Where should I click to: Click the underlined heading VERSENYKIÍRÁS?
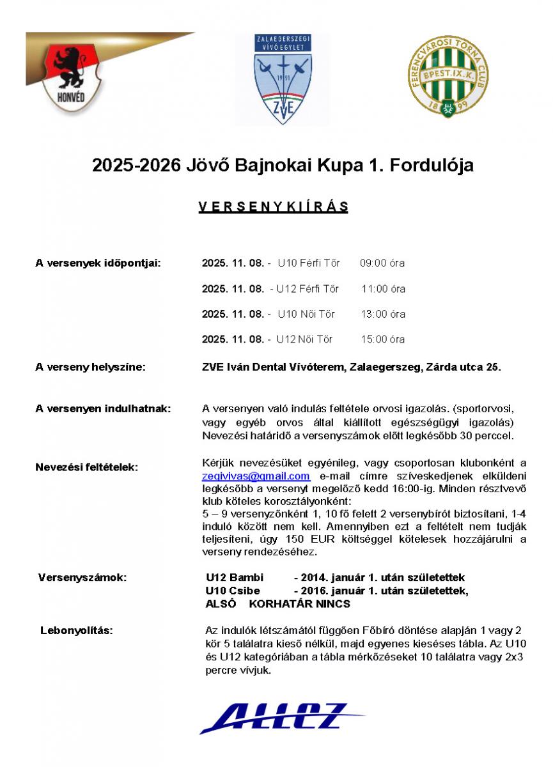click(x=273, y=207)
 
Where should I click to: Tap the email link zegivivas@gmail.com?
click(x=256, y=476)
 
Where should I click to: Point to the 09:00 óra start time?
click(x=382, y=263)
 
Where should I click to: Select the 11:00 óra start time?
click(x=383, y=288)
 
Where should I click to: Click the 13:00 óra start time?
click(x=383, y=314)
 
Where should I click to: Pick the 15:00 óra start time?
click(x=383, y=339)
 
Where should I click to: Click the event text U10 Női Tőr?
click(x=306, y=314)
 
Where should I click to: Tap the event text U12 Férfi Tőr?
click(x=308, y=288)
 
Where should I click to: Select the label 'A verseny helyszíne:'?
click(x=90, y=367)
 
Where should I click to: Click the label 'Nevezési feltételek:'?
click(x=86, y=467)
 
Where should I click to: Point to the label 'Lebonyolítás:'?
click(x=77, y=630)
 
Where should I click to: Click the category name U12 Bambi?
click(x=234, y=578)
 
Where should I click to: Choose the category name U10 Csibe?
click(x=233, y=591)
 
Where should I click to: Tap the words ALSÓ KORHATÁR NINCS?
click(x=277, y=603)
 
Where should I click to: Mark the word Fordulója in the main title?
click(x=426, y=166)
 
